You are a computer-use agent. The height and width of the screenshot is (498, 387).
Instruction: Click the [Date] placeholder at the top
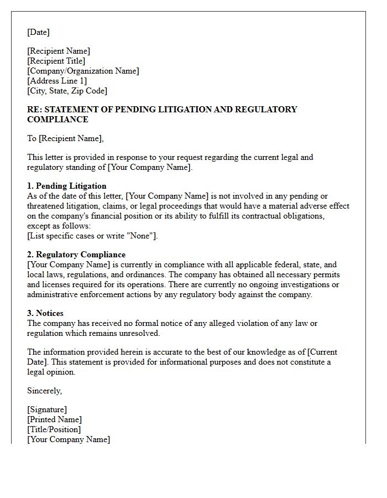coord(38,32)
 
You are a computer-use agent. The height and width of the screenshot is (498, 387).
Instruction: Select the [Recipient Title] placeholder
coord(56,61)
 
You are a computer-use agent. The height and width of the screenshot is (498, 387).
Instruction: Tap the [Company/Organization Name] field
coord(83,71)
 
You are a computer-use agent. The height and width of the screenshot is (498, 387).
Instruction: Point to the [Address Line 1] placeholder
coord(57,81)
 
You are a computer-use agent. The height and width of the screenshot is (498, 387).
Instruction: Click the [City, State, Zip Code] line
coord(67,91)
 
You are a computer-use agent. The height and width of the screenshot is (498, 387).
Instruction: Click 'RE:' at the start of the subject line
coord(34,110)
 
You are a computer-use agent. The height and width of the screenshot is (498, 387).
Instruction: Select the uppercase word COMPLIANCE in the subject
coord(57,120)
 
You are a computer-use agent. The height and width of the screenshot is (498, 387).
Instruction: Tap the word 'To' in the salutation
coord(32,138)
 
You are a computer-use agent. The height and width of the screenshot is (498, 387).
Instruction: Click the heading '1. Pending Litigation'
coord(66,186)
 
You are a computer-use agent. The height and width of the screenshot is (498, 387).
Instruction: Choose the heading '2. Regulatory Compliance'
coord(76,255)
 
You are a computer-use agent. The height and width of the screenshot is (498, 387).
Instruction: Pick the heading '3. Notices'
coord(45,313)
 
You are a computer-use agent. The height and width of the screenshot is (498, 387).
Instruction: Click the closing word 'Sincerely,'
coord(45,391)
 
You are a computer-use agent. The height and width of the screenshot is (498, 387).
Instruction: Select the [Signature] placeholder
coord(47,409)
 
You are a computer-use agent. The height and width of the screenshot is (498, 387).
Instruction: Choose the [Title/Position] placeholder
coord(54,429)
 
